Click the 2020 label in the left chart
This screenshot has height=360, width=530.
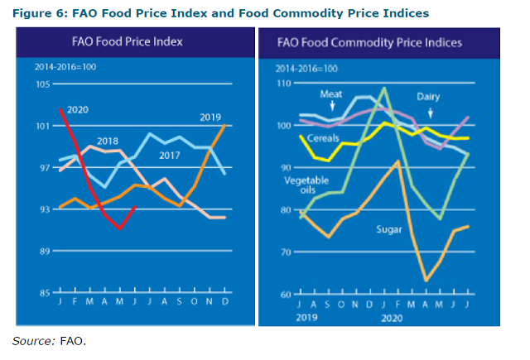point(78,109)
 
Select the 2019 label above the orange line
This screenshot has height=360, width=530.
point(210,118)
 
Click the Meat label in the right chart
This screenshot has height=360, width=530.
point(308,94)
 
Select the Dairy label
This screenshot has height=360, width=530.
point(428,97)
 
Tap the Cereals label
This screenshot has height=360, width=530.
point(324,137)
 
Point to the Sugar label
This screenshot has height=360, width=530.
point(390,225)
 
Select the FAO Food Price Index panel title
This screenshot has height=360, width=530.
point(128,41)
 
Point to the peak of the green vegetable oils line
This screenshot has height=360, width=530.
point(384,88)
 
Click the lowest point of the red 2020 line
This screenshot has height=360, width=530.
point(121,228)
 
